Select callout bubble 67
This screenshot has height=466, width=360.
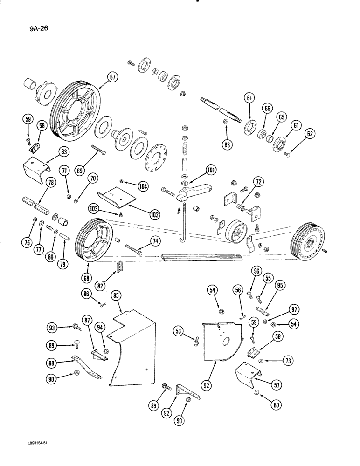[x=112, y=78]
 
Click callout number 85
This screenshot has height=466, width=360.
[x=116, y=295]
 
